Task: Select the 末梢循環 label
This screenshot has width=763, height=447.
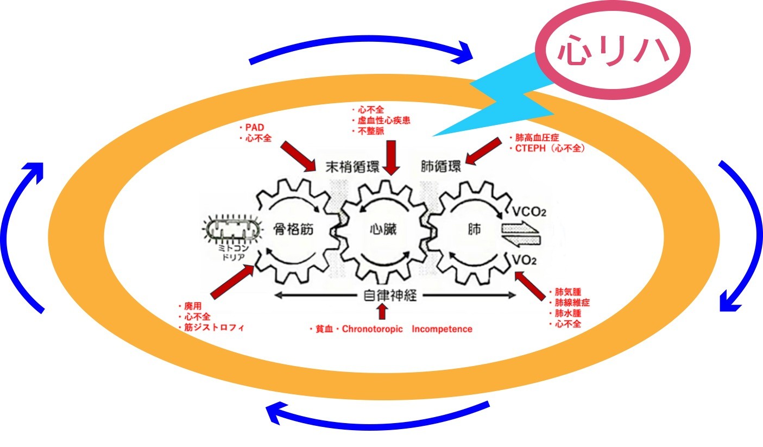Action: click(351, 166)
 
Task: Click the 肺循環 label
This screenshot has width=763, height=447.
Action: click(442, 166)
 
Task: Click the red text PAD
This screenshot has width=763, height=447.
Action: click(253, 128)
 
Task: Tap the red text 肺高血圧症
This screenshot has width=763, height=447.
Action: click(535, 138)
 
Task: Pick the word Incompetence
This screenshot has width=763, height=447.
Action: click(442, 329)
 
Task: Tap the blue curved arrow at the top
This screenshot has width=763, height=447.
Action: click(361, 51)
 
